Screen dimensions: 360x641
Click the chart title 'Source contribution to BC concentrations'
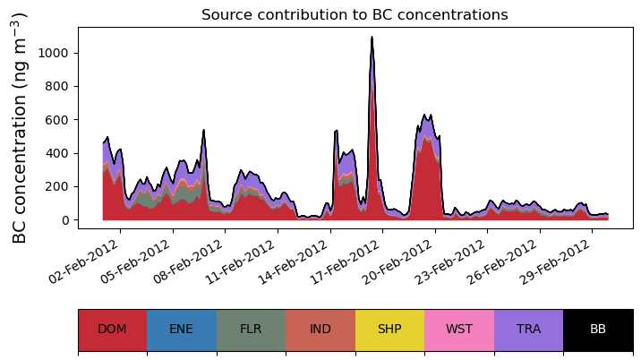(355, 14)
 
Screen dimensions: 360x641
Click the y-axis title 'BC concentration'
(20, 127)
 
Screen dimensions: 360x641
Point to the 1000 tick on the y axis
(56, 53)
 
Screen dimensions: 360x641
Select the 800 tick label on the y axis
(60, 87)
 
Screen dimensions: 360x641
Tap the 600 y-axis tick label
(60, 120)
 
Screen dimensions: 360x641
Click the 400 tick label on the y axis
(60, 153)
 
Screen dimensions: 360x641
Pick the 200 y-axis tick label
(60, 186)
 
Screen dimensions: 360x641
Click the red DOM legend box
(112, 329)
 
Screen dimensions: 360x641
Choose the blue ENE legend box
(182, 329)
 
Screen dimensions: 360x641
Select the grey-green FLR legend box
(251, 329)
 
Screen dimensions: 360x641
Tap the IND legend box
(320, 329)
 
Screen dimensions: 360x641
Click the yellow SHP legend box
(389, 329)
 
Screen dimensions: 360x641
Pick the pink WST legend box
(459, 329)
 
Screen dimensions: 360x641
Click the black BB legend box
(598, 329)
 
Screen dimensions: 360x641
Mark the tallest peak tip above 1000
(372, 38)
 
